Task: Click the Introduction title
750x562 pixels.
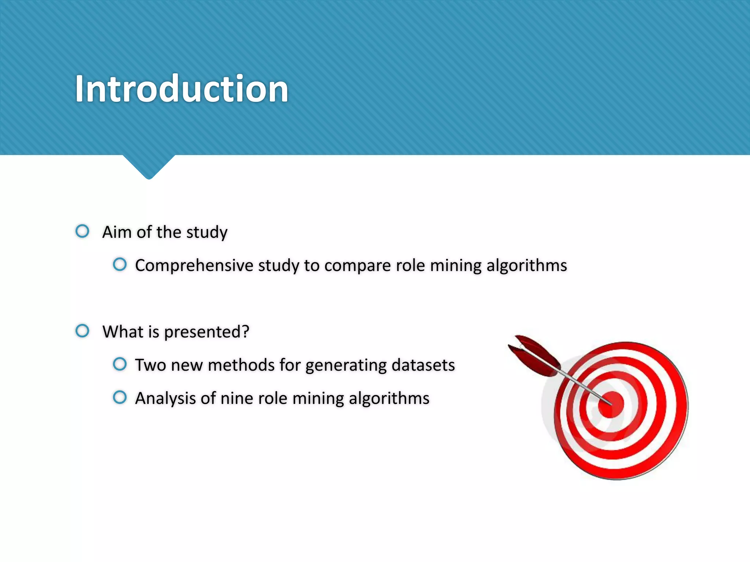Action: (x=182, y=89)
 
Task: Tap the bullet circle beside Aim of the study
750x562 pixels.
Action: (x=82, y=231)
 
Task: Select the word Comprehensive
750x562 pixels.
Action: (x=194, y=266)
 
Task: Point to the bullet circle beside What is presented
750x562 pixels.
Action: (x=82, y=331)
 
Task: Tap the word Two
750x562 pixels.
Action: (x=150, y=365)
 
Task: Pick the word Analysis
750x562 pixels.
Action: (x=165, y=398)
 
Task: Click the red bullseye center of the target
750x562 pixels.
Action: (x=611, y=404)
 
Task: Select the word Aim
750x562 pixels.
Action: (x=117, y=232)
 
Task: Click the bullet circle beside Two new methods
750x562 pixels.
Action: (x=120, y=364)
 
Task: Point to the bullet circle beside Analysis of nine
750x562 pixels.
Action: (x=120, y=397)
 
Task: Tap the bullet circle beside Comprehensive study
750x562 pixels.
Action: (x=120, y=265)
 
